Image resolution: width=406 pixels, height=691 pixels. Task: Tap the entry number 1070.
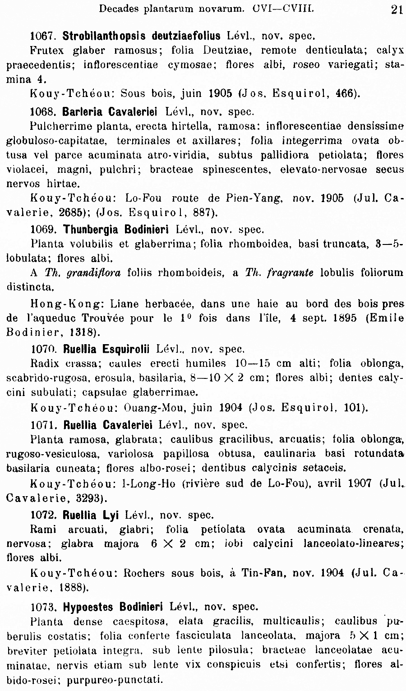(43, 349)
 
